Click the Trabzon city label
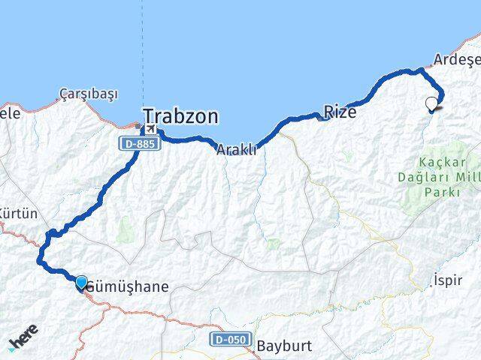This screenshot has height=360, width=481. (x=181, y=116)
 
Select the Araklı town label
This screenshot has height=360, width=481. (x=236, y=150)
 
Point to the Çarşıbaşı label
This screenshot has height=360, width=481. (x=89, y=94)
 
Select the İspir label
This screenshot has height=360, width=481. (x=448, y=280)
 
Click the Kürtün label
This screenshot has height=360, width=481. (x=18, y=214)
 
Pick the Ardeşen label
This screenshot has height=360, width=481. (x=458, y=59)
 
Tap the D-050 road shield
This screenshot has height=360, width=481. (x=229, y=339)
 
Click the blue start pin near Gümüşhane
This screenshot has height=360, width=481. (x=81, y=281)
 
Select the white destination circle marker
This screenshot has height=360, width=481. (x=431, y=103)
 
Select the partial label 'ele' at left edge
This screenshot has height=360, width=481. (x=9, y=114)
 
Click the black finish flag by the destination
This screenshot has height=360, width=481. (x=437, y=109)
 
